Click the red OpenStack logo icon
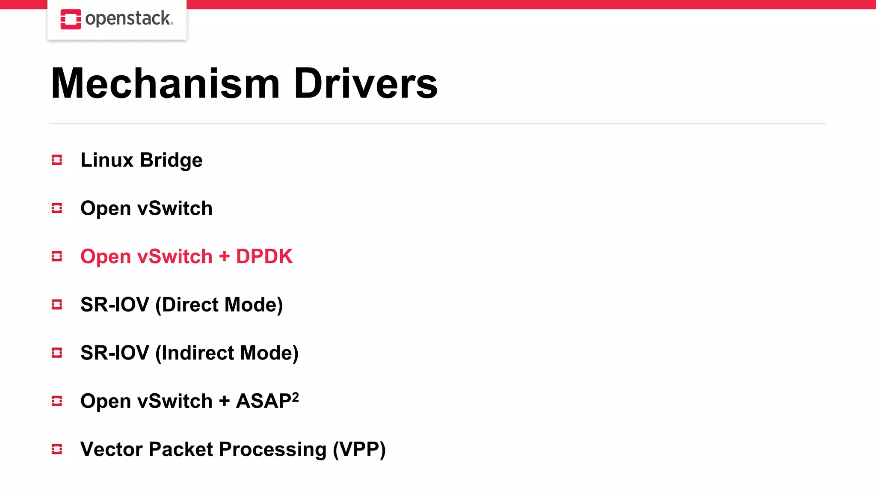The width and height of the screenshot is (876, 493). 71,19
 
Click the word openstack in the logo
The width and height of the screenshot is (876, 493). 129,19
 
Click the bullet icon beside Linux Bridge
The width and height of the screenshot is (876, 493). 57,160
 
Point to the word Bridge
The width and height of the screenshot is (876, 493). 171,160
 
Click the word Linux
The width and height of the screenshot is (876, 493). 107,160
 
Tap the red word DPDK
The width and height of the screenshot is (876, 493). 264,256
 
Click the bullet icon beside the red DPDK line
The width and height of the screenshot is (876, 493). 57,256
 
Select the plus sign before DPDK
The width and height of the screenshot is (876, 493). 224,257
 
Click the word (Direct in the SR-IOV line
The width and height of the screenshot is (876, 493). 187,305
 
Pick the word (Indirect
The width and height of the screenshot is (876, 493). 195,353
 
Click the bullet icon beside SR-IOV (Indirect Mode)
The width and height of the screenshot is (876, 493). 57,353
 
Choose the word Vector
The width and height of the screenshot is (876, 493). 111,449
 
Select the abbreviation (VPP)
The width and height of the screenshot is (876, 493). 359,450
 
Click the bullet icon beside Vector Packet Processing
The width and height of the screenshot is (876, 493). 57,449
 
